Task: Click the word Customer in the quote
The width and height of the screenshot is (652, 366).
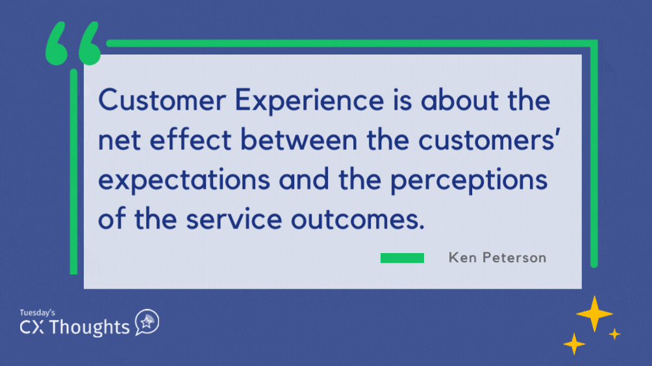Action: click(162, 100)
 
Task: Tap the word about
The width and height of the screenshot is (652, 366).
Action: click(460, 100)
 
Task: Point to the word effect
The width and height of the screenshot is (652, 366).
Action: click(190, 139)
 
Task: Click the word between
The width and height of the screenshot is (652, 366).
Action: click(299, 139)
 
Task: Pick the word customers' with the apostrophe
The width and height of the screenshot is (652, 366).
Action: click(489, 140)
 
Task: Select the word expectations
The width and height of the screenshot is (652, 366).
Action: click(184, 180)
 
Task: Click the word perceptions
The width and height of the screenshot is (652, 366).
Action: click(469, 180)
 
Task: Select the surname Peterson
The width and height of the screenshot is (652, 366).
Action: click(514, 258)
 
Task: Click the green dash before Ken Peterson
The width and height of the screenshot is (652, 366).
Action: click(402, 258)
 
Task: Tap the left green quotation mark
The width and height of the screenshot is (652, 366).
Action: click(56, 43)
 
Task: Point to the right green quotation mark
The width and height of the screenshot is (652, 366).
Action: click(90, 43)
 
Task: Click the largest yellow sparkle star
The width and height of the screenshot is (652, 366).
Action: click(594, 313)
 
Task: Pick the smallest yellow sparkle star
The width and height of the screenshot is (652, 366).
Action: click(614, 334)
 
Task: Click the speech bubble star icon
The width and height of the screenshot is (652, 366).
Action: click(147, 322)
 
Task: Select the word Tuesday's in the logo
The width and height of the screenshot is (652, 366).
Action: click(38, 312)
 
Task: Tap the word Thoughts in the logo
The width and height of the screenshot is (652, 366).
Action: click(90, 327)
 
